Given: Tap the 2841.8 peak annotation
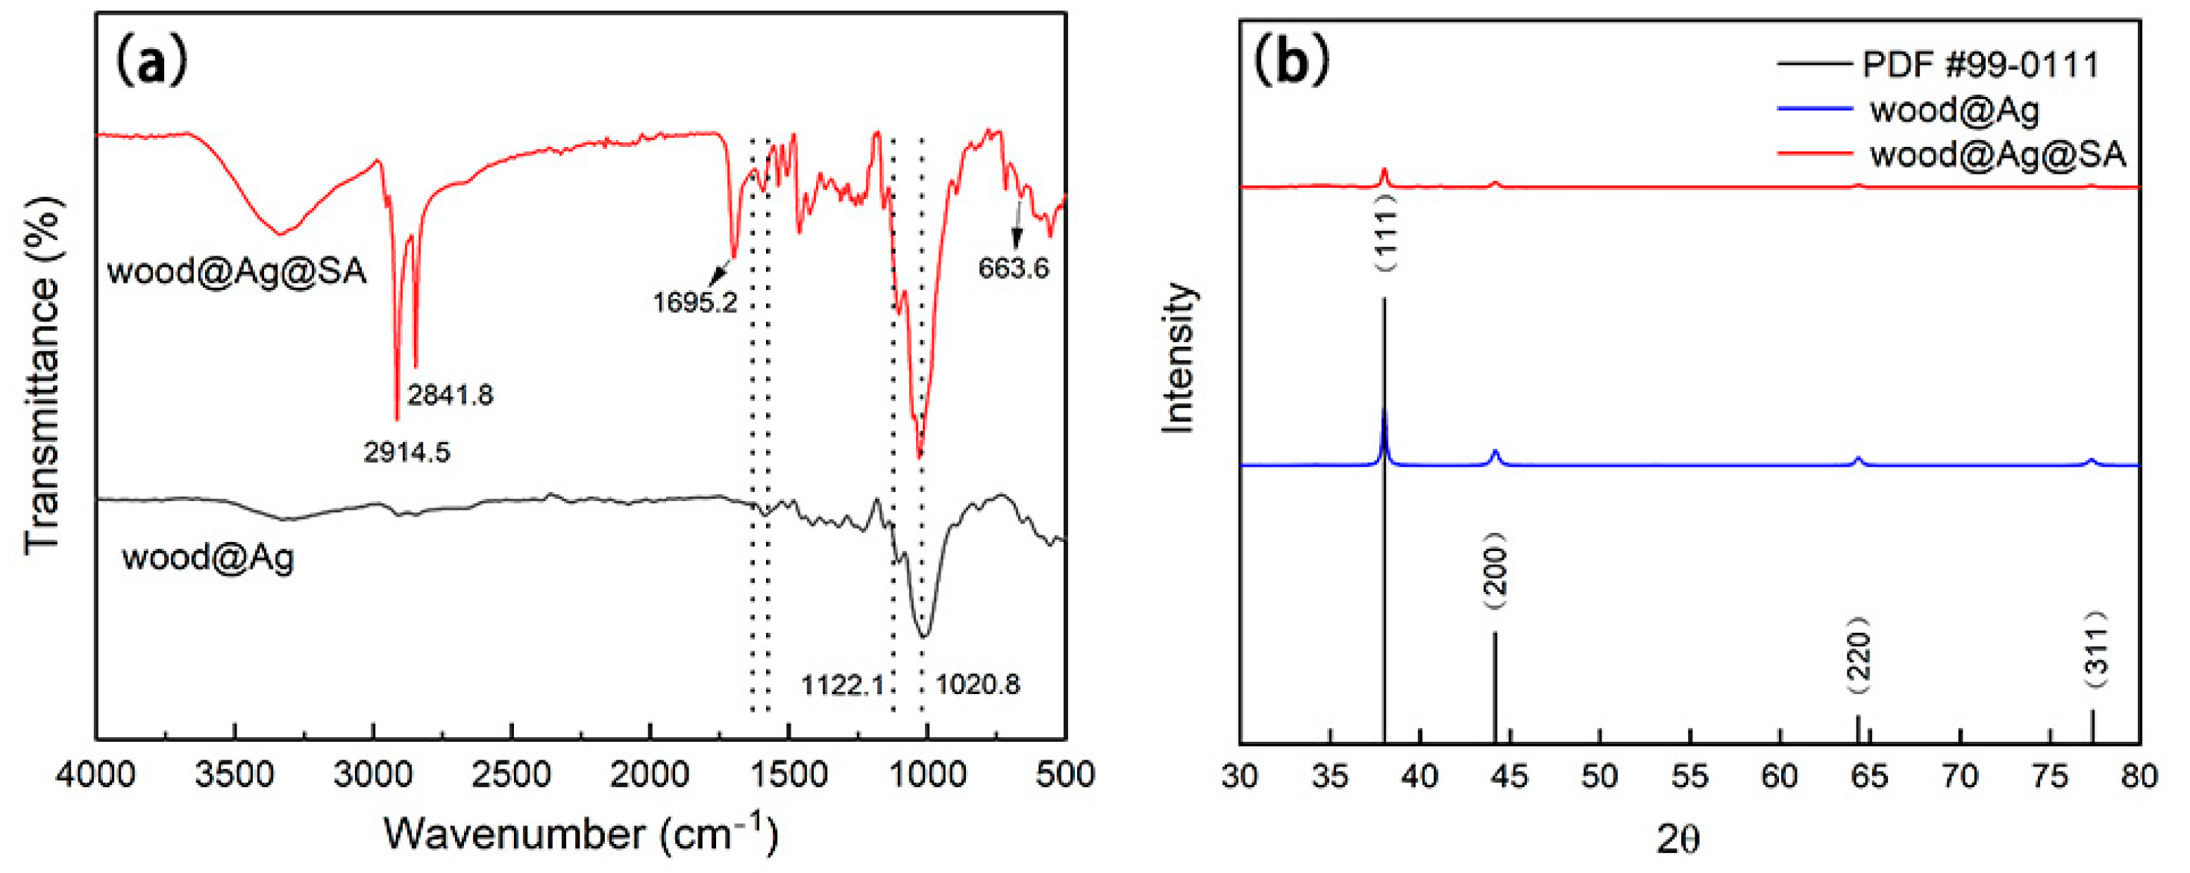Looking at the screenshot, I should click(450, 395).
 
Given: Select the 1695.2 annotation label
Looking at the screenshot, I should click(694, 302).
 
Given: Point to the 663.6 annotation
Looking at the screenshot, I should click(1014, 268).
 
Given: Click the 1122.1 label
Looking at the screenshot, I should click(842, 684).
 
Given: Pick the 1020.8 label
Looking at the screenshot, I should click(978, 684).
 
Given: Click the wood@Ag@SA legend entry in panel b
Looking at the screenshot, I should click(1997, 154).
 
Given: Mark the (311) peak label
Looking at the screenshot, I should click(2097, 650).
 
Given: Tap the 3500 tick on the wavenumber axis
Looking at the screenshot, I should click(235, 775).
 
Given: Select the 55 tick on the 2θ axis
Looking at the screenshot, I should click(1690, 775).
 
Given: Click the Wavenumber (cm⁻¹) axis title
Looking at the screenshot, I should click(580, 833).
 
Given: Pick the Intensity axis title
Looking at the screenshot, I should click(1179, 359).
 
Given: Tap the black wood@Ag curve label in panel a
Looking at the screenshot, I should click(208, 558).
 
